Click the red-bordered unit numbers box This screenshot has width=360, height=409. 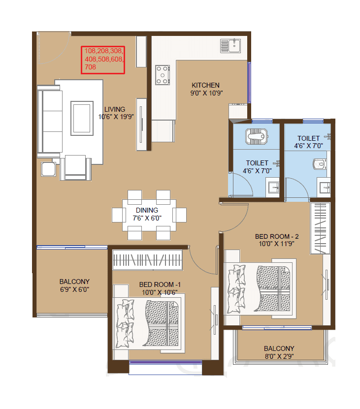click(x=103, y=59)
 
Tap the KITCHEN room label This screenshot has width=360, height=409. click(x=205, y=85)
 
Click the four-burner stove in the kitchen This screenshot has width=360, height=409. click(x=162, y=74)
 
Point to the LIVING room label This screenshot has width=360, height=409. click(x=114, y=109)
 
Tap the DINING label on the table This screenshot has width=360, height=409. click(x=147, y=210)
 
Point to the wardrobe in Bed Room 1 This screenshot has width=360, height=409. click(x=147, y=259)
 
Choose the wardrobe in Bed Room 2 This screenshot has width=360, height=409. click(x=320, y=228)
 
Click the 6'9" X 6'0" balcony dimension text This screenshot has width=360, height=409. click(x=74, y=289)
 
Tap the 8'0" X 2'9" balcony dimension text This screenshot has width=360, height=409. click(x=279, y=356)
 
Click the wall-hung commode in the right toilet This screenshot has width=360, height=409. click(x=320, y=164)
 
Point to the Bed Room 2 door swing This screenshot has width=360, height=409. click(x=235, y=219)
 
